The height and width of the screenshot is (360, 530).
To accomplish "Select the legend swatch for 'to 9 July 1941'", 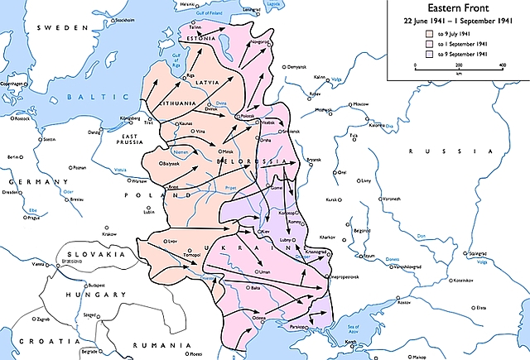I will pos(430,35).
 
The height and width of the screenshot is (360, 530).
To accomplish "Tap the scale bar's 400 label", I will pos(502,65).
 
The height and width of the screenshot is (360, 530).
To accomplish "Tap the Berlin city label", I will pos(12,156).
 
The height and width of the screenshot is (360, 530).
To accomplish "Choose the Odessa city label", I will pos(261,318).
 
